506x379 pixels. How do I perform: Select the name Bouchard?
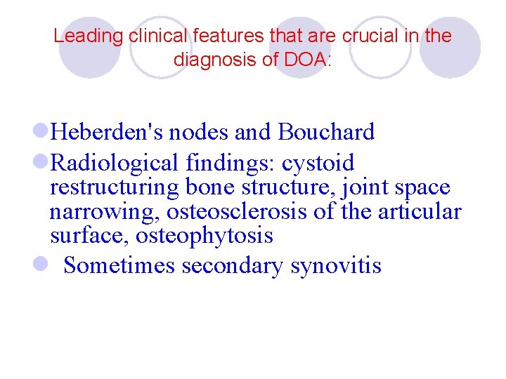tap(326, 132)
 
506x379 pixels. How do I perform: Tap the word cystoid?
tap(318, 164)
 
